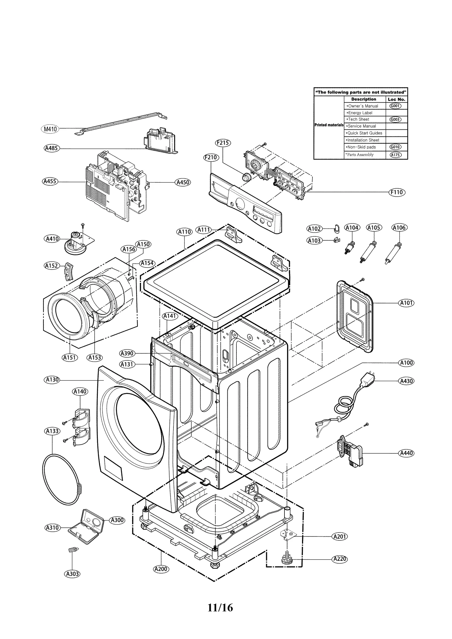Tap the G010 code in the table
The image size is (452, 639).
pyautogui.click(x=395, y=147)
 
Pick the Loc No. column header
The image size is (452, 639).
pyautogui.click(x=396, y=99)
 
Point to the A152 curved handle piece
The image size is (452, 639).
pyautogui.click(x=68, y=271)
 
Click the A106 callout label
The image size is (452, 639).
pyautogui.click(x=399, y=227)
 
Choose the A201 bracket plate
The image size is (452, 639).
pyautogui.click(x=288, y=533)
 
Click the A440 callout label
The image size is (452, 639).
pyautogui.click(x=406, y=453)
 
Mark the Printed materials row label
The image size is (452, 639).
pyautogui.click(x=329, y=125)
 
